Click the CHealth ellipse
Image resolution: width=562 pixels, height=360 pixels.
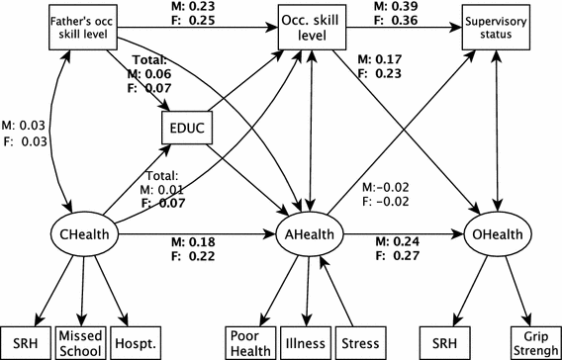click(x=84, y=235)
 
